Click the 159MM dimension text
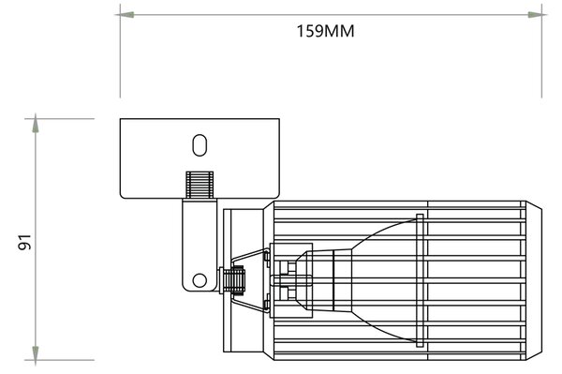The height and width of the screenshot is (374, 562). [325, 31]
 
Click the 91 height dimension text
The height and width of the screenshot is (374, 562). [25, 242]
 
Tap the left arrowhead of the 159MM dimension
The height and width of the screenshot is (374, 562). [125, 15]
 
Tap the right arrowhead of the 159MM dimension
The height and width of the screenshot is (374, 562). [537, 15]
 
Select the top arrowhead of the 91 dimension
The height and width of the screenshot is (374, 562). [36, 124]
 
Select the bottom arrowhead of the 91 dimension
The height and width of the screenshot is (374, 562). [36, 355]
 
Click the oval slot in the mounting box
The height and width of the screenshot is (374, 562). [200, 145]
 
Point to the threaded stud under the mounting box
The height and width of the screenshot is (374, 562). [200, 185]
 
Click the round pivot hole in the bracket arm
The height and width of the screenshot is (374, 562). [200, 280]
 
